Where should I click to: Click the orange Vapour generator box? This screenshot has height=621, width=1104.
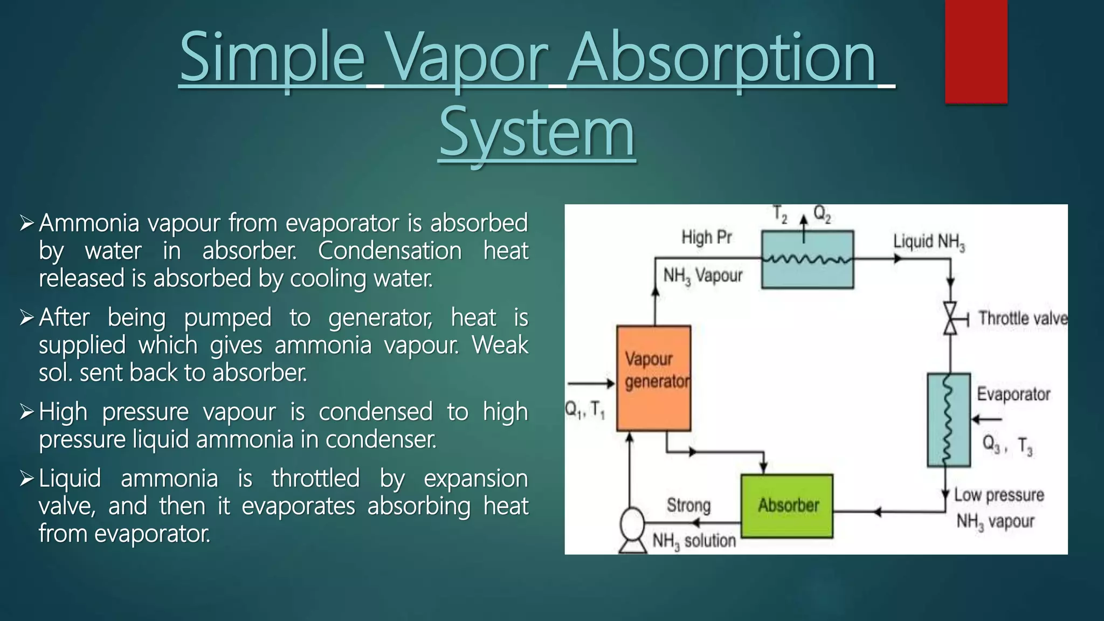pyautogui.click(x=653, y=378)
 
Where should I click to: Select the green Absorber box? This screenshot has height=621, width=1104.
pyautogui.click(x=786, y=506)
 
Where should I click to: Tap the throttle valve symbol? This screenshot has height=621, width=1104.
pyautogui.click(x=950, y=318)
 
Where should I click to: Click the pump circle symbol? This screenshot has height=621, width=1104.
pyautogui.click(x=632, y=522)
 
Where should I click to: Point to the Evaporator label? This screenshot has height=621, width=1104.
pyautogui.click(x=1013, y=394)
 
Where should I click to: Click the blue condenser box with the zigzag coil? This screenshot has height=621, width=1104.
pyautogui.click(x=807, y=259)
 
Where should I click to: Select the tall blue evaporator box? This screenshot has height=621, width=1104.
pyautogui.click(x=948, y=419)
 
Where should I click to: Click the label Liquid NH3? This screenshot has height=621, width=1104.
pyautogui.click(x=929, y=241)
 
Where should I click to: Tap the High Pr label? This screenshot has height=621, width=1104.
pyautogui.click(x=706, y=237)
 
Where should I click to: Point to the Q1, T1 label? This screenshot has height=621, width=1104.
pyautogui.click(x=585, y=410)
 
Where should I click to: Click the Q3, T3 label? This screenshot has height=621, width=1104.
pyautogui.click(x=1006, y=445)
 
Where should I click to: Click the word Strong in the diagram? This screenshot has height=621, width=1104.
pyautogui.click(x=688, y=505)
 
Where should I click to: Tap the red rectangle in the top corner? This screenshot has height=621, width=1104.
pyautogui.click(x=976, y=51)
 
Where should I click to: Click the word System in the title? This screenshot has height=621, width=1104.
pyautogui.click(x=537, y=133)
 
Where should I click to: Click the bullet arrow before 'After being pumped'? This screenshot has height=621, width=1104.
pyautogui.click(x=26, y=317)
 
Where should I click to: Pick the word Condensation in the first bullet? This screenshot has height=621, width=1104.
pyautogui.click(x=389, y=251)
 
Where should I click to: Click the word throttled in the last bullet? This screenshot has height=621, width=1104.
pyautogui.click(x=315, y=478)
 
